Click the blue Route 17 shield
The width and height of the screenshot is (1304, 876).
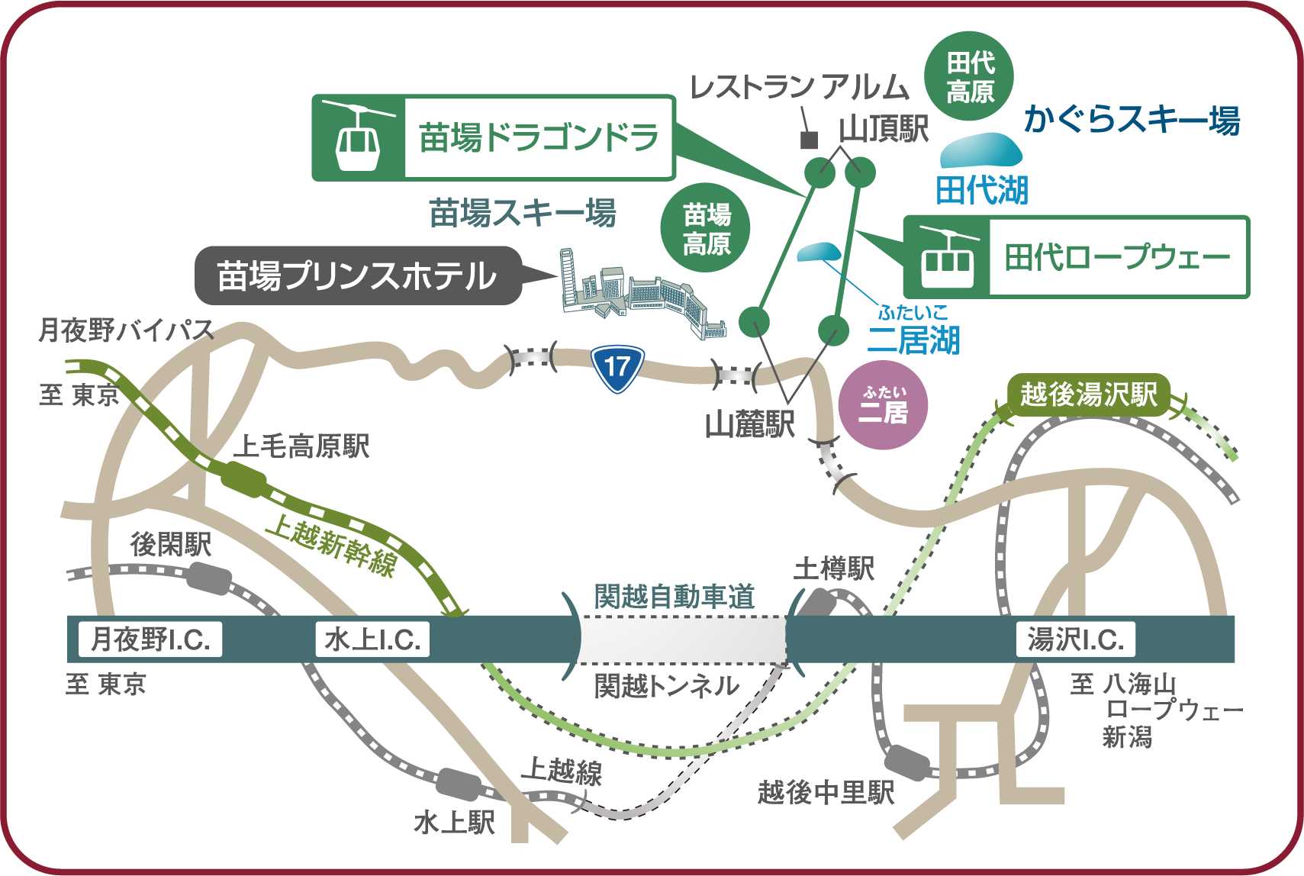coord(617,368)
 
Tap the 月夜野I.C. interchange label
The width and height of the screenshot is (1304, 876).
coord(150,639)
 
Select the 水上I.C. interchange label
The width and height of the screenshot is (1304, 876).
coord(372,639)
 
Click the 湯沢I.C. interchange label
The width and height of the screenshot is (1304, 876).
coord(1075,639)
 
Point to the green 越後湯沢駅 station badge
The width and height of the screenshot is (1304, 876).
coord(1089,395)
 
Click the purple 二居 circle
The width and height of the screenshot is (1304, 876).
coord(883,404)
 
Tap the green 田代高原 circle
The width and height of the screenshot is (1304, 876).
coord(970,76)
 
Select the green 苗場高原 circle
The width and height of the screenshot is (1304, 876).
coord(706,228)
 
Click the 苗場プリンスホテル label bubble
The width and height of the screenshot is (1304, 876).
coord(357,276)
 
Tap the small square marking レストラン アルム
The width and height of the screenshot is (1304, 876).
coord(809,140)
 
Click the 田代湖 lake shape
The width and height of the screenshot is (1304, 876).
coord(981,150)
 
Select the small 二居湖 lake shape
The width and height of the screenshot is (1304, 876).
coord(819,251)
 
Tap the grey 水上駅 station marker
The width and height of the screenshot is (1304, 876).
coord(458,784)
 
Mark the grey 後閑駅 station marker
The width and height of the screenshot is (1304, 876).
coord(208,578)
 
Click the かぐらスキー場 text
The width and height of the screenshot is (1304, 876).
coord(1132,120)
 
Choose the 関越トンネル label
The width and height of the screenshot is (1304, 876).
coord(666,686)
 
